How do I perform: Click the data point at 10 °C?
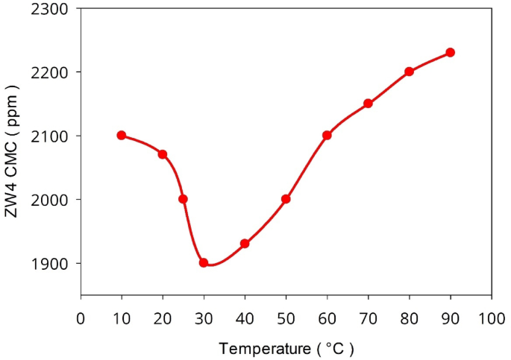point(122,135)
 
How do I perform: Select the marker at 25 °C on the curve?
point(183,199)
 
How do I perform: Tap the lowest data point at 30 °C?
point(204,262)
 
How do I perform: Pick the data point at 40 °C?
point(245,243)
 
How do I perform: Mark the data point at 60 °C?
point(327,135)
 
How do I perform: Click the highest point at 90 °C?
point(451,52)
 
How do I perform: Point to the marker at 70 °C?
point(368,104)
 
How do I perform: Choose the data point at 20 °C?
point(163,154)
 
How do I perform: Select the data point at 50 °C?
point(286,199)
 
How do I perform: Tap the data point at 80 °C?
point(409,72)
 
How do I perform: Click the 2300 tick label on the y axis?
point(50,9)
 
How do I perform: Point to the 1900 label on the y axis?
point(50,264)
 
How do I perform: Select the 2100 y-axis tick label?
point(50,136)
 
